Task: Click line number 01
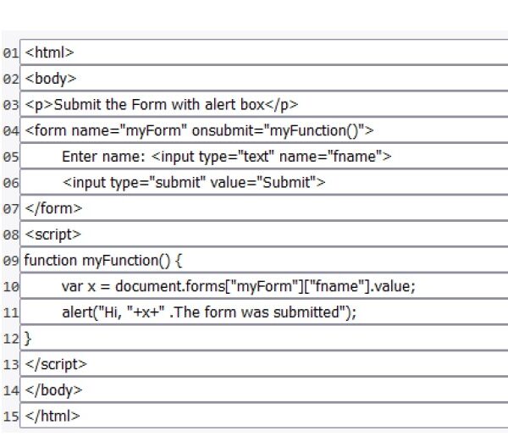[11, 52]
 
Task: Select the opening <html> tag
[50, 52]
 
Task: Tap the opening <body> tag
[51, 79]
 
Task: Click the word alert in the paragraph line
[220, 104]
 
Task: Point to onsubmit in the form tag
[226, 130]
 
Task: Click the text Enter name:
[103, 157]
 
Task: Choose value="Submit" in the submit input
[263, 182]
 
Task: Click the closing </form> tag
[53, 208]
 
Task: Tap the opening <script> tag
[52, 235]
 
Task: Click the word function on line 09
[50, 260]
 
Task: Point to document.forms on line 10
[170, 286]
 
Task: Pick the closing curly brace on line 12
[28, 339]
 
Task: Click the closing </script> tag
[56, 364]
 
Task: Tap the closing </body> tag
[53, 390]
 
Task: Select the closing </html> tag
[52, 417]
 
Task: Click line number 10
[11, 287]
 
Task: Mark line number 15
[11, 417]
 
